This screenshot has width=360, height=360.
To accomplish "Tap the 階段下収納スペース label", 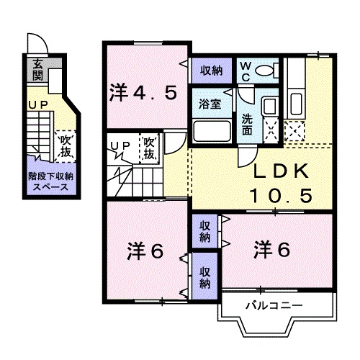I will point(50,181).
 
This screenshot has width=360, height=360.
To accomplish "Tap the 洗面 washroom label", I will point(247,126).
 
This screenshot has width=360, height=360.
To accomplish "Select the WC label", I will point(246,71).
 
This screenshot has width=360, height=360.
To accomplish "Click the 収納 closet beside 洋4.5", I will point(210,70).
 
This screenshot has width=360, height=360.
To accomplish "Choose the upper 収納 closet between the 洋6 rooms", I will point(205,232).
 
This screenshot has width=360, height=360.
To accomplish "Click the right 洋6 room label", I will point(271,251).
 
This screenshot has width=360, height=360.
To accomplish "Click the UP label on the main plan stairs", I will point(119,146).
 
